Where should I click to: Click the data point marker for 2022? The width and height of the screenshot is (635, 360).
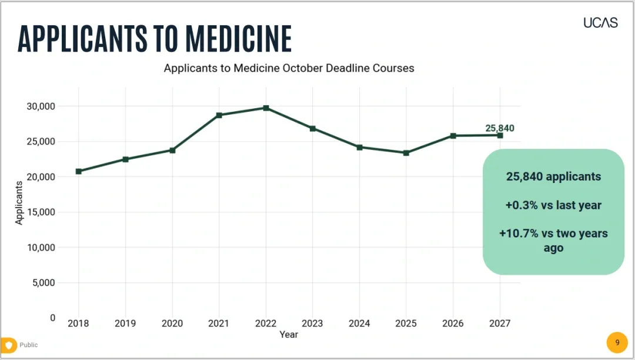[266, 108]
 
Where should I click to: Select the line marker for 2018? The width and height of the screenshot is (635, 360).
[79, 171]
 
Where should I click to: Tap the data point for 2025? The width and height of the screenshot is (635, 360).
[406, 153]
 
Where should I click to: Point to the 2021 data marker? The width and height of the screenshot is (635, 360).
[219, 115]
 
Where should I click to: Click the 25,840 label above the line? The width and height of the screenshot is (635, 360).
[500, 128]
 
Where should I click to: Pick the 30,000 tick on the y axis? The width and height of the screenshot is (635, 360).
[41, 106]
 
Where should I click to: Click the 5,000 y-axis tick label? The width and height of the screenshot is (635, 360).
[44, 283]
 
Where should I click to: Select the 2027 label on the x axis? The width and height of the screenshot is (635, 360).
[500, 323]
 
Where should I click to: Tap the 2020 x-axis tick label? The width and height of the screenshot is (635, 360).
[172, 323]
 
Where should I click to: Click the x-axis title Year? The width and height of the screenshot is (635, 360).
[289, 335]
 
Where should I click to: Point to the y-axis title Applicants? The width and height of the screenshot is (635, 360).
[19, 203]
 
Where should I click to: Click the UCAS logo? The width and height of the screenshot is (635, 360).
[600, 23]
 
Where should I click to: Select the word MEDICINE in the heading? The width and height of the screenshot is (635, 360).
[239, 39]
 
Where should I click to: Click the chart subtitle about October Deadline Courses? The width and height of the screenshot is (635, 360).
[289, 68]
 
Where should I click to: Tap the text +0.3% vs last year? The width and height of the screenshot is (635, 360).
[553, 205]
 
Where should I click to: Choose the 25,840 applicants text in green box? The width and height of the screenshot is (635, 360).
[553, 176]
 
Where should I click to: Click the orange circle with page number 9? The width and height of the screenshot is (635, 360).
[617, 342]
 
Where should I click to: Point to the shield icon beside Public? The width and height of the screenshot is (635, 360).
[8, 345]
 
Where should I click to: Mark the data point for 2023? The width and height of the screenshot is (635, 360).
[313, 128]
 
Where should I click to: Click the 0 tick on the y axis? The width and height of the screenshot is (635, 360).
[53, 318]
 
